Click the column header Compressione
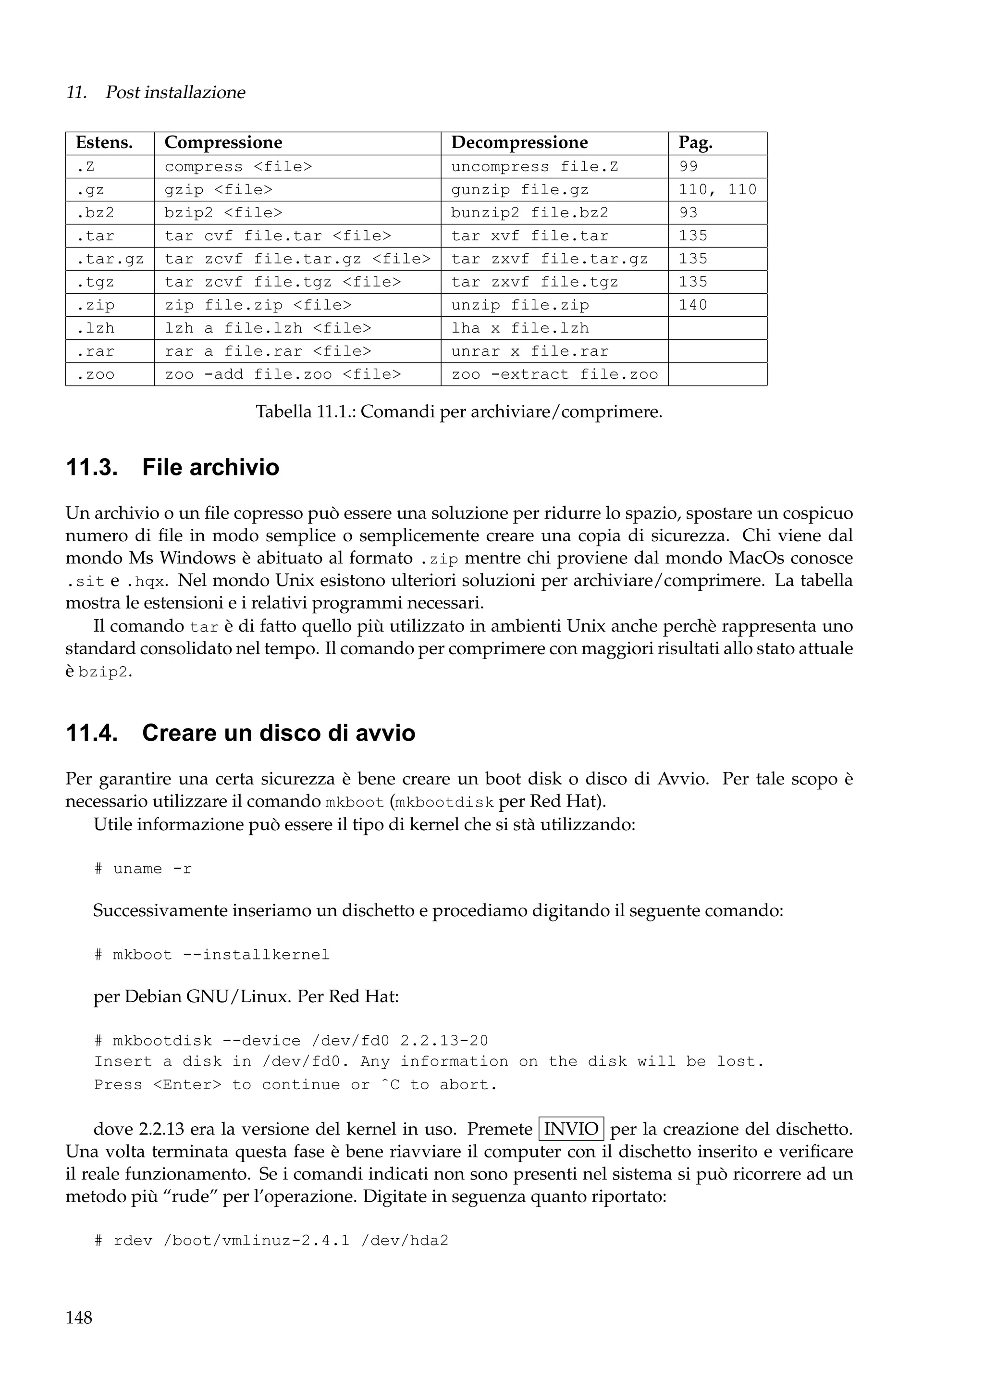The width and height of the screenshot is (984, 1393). click(x=223, y=143)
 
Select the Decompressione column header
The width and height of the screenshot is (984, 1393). click(x=519, y=143)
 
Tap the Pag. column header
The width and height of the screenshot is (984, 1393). click(x=695, y=143)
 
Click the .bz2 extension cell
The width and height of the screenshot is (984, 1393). click(x=95, y=213)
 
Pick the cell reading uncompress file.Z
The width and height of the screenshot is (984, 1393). click(x=534, y=167)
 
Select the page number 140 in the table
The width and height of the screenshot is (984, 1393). click(x=692, y=305)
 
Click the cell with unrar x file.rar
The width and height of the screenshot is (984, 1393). click(x=529, y=351)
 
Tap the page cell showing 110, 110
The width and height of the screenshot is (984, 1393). click(x=717, y=190)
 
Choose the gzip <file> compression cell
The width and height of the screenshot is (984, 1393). click(x=218, y=190)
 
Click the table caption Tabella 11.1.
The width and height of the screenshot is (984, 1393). click(x=459, y=412)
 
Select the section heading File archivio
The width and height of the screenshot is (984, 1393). click(x=210, y=467)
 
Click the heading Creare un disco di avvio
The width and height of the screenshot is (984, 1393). click(x=278, y=733)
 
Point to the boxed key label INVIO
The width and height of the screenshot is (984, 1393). click(x=571, y=1129)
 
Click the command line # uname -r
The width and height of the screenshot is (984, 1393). click(x=143, y=869)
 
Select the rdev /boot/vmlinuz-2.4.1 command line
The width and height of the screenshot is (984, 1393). click(x=271, y=1241)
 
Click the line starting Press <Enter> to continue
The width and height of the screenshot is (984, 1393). click(x=295, y=1085)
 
